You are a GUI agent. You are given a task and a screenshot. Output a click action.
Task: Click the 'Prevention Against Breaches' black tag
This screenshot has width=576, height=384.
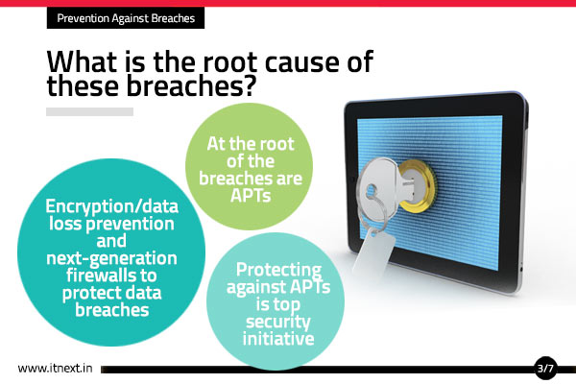tap(126, 18)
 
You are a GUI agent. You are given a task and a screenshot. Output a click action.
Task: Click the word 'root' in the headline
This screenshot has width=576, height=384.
tap(230, 61)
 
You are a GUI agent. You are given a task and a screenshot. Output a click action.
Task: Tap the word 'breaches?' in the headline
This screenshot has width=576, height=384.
tap(191, 86)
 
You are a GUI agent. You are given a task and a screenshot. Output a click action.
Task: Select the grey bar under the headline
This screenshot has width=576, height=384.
tap(89, 111)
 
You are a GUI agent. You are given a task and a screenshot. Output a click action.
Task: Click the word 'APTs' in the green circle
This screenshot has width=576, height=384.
tap(251, 196)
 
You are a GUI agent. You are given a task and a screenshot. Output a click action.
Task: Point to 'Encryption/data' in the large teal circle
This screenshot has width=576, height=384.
tap(111, 207)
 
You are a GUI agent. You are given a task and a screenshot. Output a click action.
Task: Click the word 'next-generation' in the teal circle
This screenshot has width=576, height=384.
tap(111, 258)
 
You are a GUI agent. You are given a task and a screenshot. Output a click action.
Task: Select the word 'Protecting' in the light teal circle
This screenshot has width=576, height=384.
tap(278, 271)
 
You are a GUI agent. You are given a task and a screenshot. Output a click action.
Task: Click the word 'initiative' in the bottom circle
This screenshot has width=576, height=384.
tap(278, 339)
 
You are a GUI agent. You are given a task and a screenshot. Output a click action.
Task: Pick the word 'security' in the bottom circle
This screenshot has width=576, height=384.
tap(278, 323)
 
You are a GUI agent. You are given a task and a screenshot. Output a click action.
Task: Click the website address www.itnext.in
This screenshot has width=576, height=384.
tap(55, 369)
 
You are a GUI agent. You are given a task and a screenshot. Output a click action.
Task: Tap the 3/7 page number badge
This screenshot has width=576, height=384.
tap(545, 368)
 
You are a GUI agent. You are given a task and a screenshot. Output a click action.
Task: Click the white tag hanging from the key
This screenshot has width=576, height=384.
tap(373, 251)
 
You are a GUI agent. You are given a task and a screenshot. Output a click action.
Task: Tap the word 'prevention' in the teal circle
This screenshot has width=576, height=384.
tap(130, 225)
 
